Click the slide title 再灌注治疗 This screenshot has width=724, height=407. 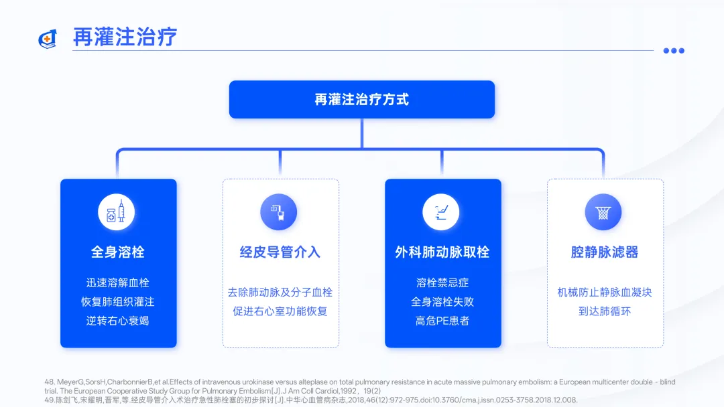click(125, 37)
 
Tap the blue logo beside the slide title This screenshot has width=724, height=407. click(48, 39)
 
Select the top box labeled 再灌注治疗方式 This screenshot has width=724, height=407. click(361, 100)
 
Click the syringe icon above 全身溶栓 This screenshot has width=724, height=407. click(117, 213)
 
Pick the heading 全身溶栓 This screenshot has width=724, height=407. click(118, 252)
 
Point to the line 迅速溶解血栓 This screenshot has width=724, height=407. click(118, 283)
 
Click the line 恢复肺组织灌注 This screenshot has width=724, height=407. click(118, 302)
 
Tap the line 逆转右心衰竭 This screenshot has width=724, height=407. click(118, 321)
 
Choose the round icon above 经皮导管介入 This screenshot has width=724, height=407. click(278, 213)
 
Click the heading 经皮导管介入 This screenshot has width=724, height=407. click(280, 252)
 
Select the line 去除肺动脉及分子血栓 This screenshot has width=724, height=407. click(280, 293)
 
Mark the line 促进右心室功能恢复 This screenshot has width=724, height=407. click(280, 311)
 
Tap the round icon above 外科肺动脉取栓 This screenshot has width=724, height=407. click(441, 213)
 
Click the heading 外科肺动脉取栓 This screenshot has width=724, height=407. click(442, 252)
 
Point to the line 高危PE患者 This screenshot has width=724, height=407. click(442, 321)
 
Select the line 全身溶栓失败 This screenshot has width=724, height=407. click(442, 302)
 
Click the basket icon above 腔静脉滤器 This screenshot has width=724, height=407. click(603, 213)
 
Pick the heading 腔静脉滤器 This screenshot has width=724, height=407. click(605, 252)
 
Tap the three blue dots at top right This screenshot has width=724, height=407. click(674, 50)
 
